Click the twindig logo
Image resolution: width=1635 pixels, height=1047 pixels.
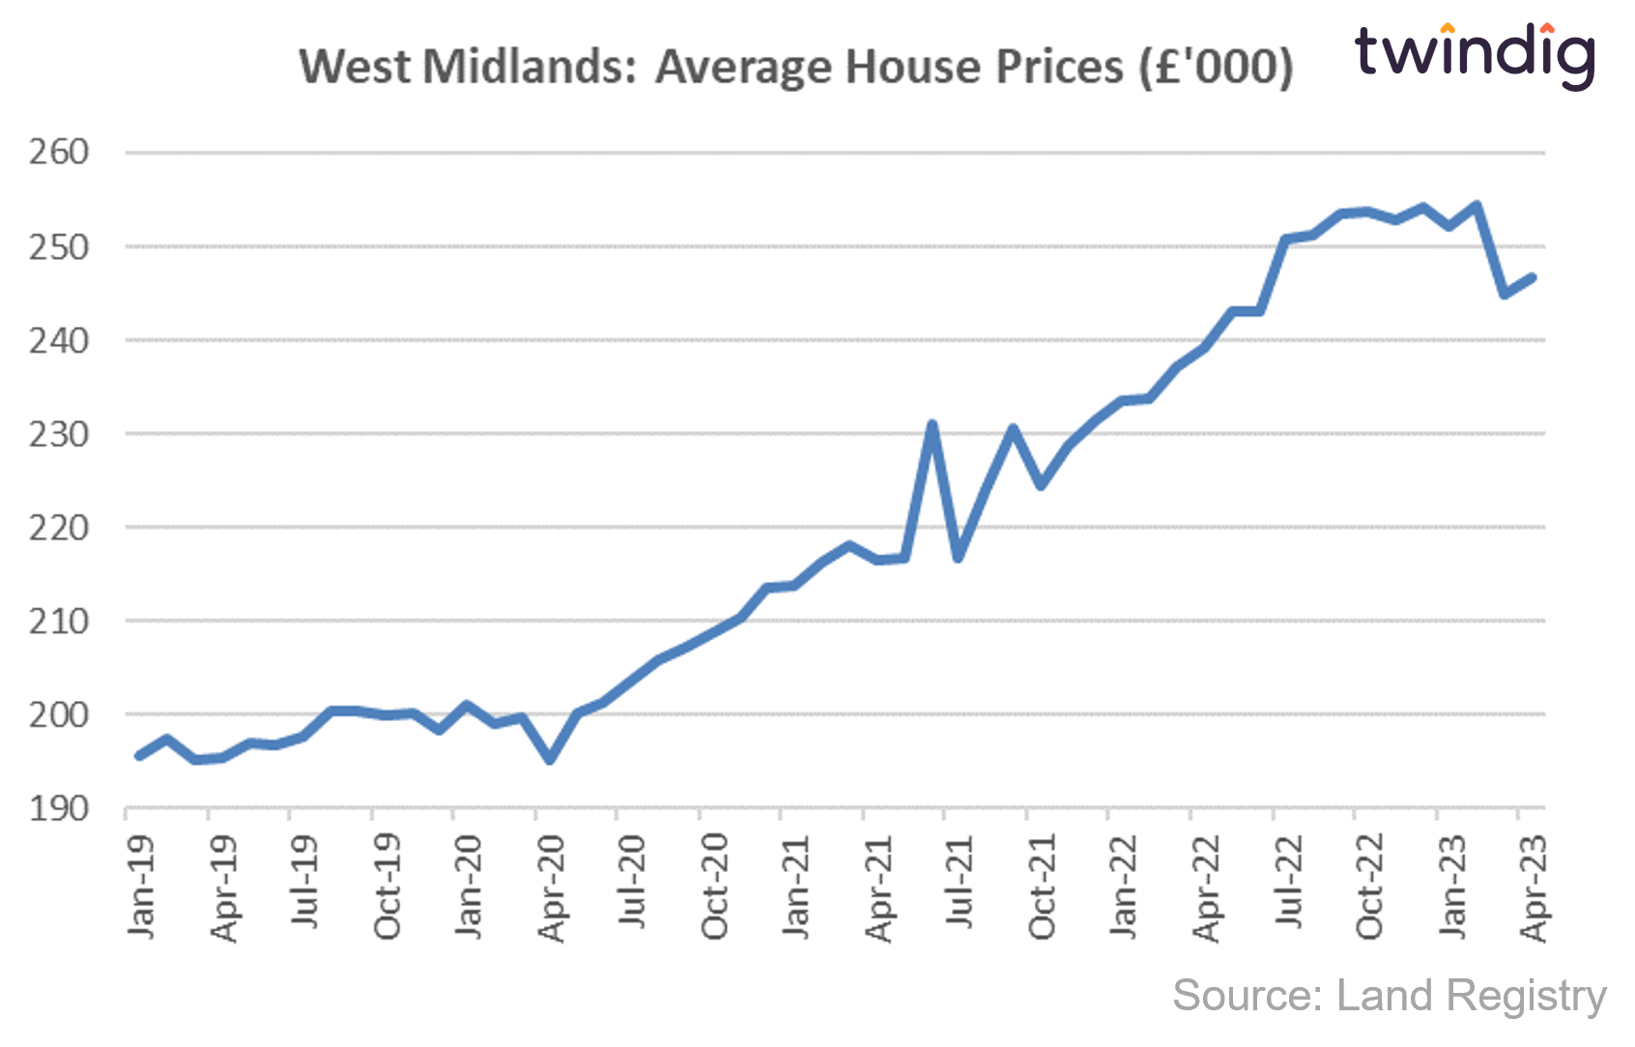tap(1473, 53)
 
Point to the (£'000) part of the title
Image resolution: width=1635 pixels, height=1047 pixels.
tap(1216, 68)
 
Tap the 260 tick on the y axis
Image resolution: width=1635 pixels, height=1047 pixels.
tap(58, 152)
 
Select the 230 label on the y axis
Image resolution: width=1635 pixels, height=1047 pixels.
tap(58, 434)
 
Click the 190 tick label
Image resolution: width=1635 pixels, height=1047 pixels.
tap(58, 808)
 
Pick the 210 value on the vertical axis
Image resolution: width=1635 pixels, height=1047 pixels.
tap(58, 621)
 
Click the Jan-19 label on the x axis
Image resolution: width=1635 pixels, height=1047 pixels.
tap(141, 886)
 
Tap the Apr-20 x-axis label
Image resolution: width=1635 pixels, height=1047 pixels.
tap(552, 887)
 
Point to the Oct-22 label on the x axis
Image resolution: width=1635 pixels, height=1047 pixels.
tap(1369, 886)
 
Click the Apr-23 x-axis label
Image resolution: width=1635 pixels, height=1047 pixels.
tap(1534, 887)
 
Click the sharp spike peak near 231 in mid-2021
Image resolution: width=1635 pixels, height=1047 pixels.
tap(932, 423)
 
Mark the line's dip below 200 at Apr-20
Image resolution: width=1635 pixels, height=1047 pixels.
tap(550, 760)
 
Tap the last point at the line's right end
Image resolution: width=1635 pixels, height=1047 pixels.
tap(1532, 278)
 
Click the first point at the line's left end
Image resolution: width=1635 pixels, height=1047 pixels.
tap(139, 756)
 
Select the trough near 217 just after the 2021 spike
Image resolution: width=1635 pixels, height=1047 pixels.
tap(959, 558)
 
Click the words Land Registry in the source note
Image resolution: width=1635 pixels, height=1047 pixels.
tap(1471, 996)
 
